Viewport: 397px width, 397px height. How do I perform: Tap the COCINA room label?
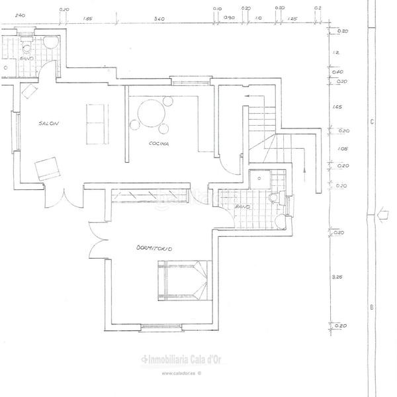[x=158, y=144]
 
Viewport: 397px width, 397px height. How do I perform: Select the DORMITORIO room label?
[x=154, y=248]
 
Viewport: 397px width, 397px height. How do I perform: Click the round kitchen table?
[x=150, y=110]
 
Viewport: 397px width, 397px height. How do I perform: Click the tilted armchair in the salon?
[x=48, y=169]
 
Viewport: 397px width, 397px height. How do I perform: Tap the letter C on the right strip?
[x=372, y=122]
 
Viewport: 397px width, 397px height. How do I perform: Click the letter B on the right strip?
[x=372, y=307]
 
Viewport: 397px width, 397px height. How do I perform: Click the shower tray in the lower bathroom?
[x=268, y=179]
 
